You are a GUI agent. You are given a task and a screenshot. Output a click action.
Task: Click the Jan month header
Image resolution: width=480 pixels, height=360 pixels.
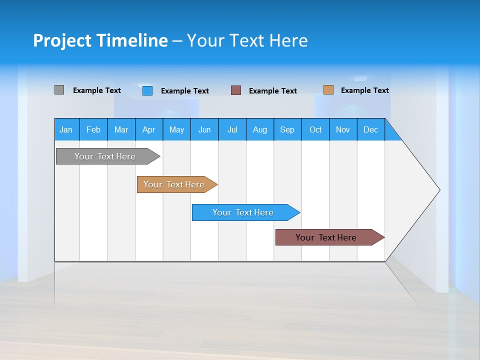pyautogui.click(x=66, y=129)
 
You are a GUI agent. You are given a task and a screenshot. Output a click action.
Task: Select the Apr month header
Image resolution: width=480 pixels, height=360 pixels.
pyautogui.click(x=148, y=129)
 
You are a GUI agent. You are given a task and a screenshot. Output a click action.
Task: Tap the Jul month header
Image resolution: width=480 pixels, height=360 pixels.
pyautogui.click(x=232, y=129)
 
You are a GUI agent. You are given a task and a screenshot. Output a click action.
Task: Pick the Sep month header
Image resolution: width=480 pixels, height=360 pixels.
pyautogui.click(x=287, y=129)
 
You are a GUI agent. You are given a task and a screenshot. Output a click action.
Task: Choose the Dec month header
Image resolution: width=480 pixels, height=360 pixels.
pyautogui.click(x=370, y=129)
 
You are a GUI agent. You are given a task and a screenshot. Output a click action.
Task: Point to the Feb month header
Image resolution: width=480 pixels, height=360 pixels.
pyautogui.click(x=93, y=129)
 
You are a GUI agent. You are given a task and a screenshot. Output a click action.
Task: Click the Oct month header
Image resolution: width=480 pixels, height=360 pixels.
pyautogui.click(x=315, y=129)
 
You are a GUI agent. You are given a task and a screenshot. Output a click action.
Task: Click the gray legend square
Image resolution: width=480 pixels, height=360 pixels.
pyautogui.click(x=59, y=90)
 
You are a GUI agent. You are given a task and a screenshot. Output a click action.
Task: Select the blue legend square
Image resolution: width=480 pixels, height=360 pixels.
pyautogui.click(x=147, y=90)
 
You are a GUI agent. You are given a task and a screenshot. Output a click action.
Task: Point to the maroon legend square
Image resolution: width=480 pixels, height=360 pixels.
pyautogui.click(x=236, y=90)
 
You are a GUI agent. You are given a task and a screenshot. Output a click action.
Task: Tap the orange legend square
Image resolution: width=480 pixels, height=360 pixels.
pyautogui.click(x=328, y=90)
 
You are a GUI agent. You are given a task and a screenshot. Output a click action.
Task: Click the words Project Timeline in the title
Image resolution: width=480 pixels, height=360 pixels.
pyautogui.click(x=100, y=40)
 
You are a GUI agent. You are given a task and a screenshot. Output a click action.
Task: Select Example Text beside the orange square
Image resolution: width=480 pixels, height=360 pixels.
pyautogui.click(x=365, y=90)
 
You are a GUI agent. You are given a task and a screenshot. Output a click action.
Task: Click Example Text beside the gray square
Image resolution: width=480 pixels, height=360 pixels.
pyautogui.click(x=97, y=90)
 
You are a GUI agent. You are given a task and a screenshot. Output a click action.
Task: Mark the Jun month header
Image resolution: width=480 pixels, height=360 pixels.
pyautogui.click(x=204, y=129)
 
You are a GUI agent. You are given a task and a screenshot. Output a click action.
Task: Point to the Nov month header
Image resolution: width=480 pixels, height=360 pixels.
pyautogui.click(x=343, y=129)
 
